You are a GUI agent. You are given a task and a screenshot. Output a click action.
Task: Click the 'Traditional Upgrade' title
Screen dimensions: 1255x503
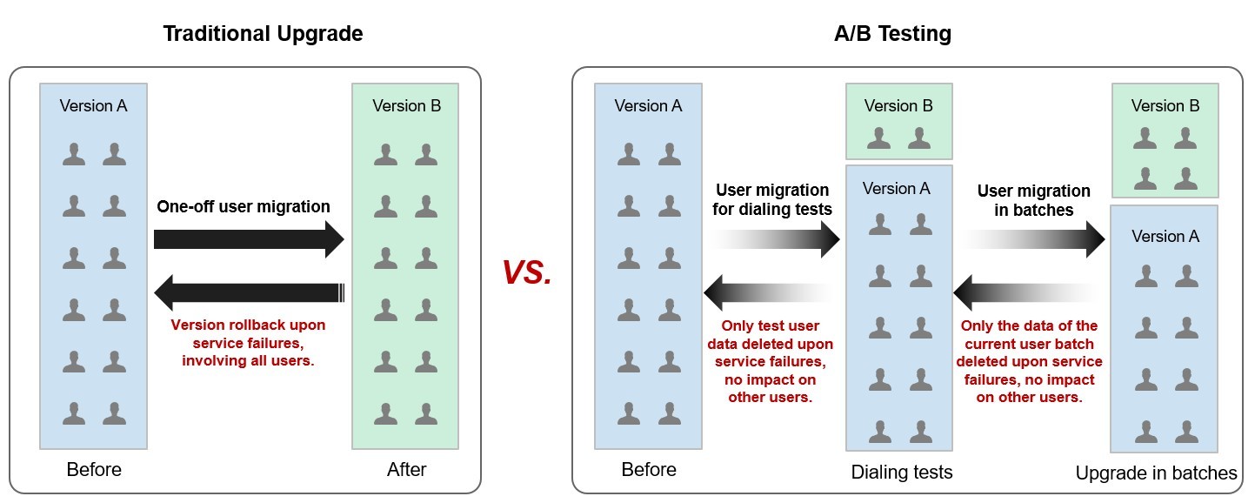pyautogui.click(x=263, y=34)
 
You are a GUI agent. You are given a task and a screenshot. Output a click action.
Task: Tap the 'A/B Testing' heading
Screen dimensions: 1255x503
pyautogui.click(x=892, y=34)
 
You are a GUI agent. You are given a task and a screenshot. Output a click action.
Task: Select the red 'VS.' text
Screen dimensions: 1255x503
pyautogui.click(x=526, y=273)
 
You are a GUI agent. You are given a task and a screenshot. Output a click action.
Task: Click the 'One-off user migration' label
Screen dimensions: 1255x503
pyautogui.click(x=244, y=206)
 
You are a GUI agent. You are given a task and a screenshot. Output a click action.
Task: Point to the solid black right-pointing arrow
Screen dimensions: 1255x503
pyautogui.click(x=249, y=239)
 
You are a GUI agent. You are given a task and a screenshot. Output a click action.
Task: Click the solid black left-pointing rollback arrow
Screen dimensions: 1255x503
pyautogui.click(x=249, y=292)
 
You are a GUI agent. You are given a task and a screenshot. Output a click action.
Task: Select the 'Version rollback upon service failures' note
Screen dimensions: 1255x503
pyautogui.click(x=248, y=343)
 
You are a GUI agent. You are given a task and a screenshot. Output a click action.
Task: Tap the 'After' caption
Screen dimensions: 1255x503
pyautogui.click(x=406, y=469)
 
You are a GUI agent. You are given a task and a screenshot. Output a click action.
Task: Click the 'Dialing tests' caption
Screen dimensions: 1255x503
pyautogui.click(x=902, y=473)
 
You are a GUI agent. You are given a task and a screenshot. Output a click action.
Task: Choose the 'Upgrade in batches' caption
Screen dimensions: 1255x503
pyautogui.click(x=1156, y=473)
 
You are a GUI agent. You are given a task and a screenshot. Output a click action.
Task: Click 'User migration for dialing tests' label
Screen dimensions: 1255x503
pyautogui.click(x=772, y=199)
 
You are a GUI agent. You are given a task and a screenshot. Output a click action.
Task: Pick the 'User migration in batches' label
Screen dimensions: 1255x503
pyautogui.click(x=1034, y=200)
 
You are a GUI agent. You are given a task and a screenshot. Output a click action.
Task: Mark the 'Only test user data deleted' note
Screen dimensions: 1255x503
pyautogui.click(x=770, y=361)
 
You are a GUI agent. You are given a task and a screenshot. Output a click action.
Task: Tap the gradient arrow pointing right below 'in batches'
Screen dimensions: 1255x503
pyautogui.click(x=1033, y=239)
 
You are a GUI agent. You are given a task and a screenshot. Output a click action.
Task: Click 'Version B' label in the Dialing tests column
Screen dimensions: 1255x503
pyautogui.click(x=898, y=106)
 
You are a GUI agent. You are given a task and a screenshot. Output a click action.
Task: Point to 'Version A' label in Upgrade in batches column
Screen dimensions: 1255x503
pyautogui.click(x=1165, y=237)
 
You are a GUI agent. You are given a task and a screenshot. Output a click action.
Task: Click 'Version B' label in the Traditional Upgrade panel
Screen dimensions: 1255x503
pyautogui.click(x=406, y=106)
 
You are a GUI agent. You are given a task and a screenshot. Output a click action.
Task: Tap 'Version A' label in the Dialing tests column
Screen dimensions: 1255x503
pyautogui.click(x=897, y=189)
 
